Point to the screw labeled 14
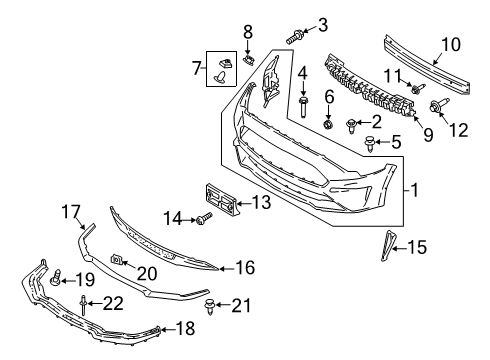pyautogui.click(x=201, y=217)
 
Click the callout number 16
pyautogui.click(x=245, y=267)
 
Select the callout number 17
pyautogui.click(x=69, y=212)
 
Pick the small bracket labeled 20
pyautogui.click(x=117, y=262)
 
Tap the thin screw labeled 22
pyautogui.click(x=86, y=304)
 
